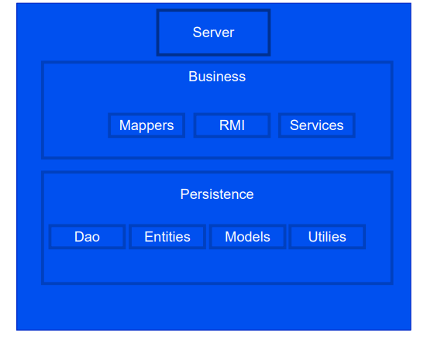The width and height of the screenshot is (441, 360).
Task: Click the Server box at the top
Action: (213, 33)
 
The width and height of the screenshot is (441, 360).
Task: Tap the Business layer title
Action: (217, 77)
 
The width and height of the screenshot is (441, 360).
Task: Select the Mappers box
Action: (146, 125)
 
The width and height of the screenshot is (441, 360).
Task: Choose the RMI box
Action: (232, 125)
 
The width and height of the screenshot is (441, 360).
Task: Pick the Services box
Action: (316, 125)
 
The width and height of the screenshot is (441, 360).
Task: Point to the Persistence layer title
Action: (217, 194)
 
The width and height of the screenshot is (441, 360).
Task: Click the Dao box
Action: (87, 237)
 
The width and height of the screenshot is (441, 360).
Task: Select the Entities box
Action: (167, 237)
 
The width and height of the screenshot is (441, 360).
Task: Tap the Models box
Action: (247, 237)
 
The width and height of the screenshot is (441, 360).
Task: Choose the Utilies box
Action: (327, 237)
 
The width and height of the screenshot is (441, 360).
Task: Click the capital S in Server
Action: (197, 33)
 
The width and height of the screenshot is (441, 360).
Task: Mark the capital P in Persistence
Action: (184, 194)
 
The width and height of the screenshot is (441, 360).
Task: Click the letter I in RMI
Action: (243, 125)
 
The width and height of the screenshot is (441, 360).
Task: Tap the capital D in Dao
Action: (79, 237)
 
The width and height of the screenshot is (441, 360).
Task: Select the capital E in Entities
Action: (149, 237)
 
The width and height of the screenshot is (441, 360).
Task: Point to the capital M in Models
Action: (230, 237)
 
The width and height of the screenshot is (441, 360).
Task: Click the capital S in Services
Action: (295, 125)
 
